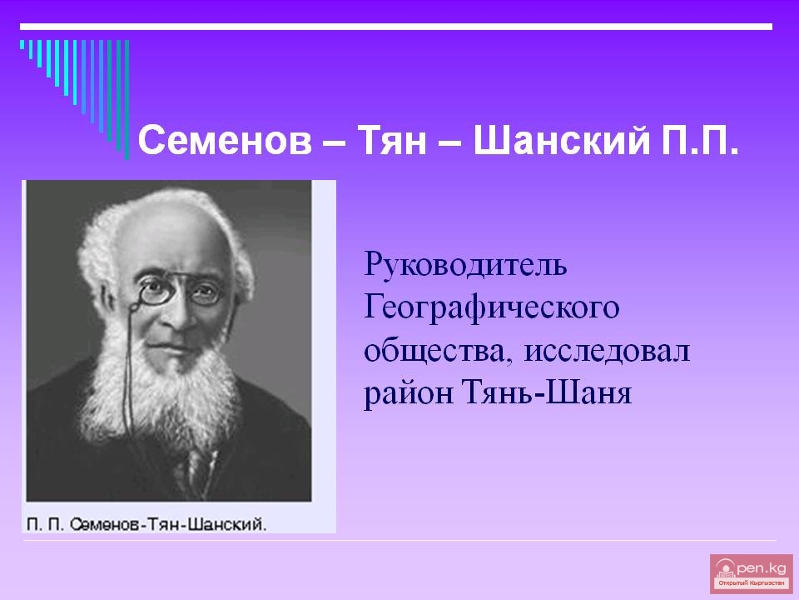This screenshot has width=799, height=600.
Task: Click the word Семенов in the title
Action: click(x=225, y=140)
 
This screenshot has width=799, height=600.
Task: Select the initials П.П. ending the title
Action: click(x=700, y=141)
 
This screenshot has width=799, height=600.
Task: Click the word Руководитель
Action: click(x=465, y=265)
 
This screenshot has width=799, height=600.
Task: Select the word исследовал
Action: click(x=607, y=352)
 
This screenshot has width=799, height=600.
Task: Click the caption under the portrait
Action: click(x=146, y=524)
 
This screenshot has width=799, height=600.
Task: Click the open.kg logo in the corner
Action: click(x=751, y=573)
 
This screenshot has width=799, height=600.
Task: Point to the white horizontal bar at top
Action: click(x=396, y=27)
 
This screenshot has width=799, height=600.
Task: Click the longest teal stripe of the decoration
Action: click(x=127, y=100)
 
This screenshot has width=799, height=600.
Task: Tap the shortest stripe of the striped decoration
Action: click(x=22, y=44)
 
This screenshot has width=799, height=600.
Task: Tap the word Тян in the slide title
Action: click(x=391, y=140)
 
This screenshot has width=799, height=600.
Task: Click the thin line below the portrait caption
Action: click(x=399, y=540)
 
